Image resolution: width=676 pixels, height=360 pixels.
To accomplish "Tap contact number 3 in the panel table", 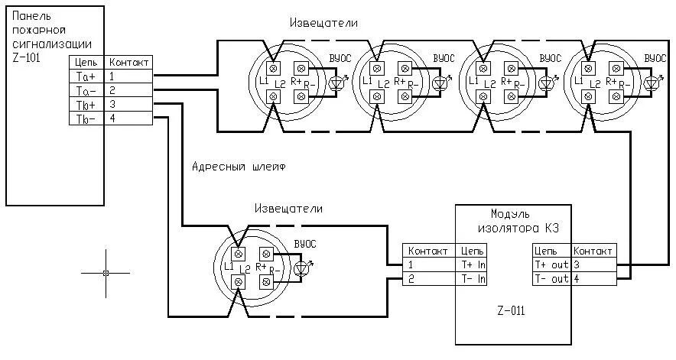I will point(112,104).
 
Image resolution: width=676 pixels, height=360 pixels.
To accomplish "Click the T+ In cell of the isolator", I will point(473,264).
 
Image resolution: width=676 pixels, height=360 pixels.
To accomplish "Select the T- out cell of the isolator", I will point(550,278).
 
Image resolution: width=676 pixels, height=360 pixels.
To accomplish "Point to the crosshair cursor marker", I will point(106,273).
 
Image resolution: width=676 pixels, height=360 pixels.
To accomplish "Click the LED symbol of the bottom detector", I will point(303,268).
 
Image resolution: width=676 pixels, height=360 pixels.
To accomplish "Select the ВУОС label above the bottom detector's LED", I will point(304,244).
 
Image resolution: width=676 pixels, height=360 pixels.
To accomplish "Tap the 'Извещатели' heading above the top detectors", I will point(323,23).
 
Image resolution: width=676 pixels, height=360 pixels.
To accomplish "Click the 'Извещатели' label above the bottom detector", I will point(289,208).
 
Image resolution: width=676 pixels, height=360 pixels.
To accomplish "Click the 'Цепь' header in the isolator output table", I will point(545,250).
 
